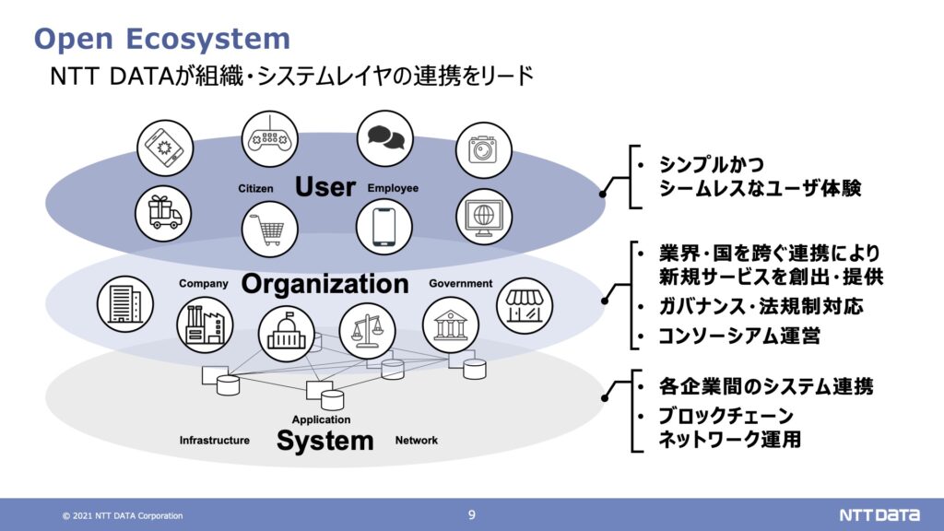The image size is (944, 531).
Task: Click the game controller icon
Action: click(x=270, y=139)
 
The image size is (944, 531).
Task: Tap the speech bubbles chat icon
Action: click(x=385, y=138)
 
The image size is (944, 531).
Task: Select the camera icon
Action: click(x=483, y=150)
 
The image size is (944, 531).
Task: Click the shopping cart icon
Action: click(x=270, y=230)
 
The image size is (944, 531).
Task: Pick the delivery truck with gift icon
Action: click(x=163, y=213)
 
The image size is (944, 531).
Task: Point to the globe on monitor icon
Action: click(x=483, y=217)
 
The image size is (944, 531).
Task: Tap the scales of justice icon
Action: click(x=367, y=331)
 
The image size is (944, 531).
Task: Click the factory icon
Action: click(x=205, y=325)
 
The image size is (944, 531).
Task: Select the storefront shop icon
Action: click(x=525, y=306)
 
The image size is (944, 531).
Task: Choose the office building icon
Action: click(x=125, y=303)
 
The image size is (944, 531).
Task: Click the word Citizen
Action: click(x=255, y=188)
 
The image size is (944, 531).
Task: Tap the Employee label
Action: click(x=393, y=188)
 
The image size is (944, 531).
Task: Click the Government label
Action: click(x=461, y=284)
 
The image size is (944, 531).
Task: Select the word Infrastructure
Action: click(x=214, y=440)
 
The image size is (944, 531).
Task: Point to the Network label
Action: click(x=416, y=440)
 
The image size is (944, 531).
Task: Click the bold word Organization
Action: click(x=325, y=284)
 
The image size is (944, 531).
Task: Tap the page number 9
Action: click(x=471, y=514)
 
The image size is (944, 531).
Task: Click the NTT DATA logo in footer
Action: click(x=879, y=515)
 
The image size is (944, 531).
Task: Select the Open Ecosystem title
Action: click(x=162, y=39)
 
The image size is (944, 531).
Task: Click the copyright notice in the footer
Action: click(x=123, y=516)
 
